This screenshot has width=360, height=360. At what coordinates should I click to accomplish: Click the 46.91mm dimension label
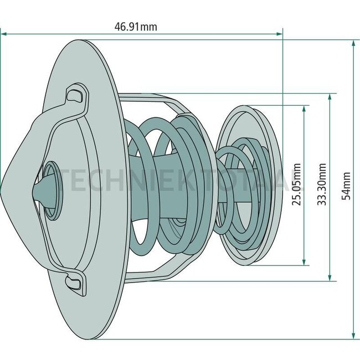click(x=136, y=27)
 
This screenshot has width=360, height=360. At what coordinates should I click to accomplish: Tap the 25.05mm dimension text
click(x=296, y=184)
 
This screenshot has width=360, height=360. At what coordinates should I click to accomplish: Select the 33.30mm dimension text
click(x=322, y=184)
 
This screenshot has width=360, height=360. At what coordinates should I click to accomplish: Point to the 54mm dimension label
click(x=346, y=186)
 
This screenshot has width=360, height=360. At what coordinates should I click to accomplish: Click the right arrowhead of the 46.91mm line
click(x=279, y=34)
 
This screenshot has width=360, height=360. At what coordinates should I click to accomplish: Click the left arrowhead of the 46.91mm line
click(x=4, y=34)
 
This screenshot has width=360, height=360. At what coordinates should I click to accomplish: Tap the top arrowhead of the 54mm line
click(x=354, y=43)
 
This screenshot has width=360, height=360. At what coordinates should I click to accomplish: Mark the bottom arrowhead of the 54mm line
click(x=354, y=336)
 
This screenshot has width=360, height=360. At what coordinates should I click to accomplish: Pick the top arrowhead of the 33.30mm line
click(x=330, y=97)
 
